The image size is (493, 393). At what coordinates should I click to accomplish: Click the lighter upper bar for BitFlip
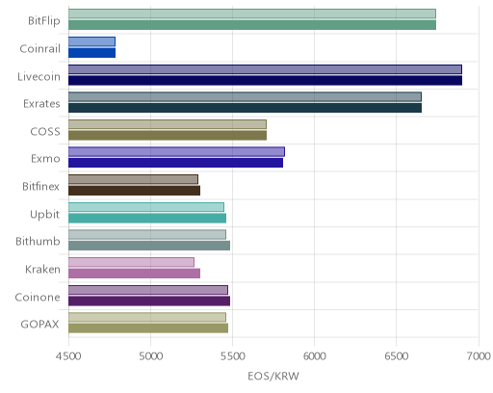[252, 13]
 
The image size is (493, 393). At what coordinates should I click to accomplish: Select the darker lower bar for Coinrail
[91, 53]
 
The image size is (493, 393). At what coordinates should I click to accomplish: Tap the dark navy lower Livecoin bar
[265, 81]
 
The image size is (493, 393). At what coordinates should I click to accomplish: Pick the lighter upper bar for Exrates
[245, 96]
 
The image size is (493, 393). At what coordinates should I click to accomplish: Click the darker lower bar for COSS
[168, 136]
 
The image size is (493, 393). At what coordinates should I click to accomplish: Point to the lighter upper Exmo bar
[176, 152]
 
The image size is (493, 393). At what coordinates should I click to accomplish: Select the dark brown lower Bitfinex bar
[134, 191]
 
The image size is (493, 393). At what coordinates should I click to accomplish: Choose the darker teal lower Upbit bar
[147, 219]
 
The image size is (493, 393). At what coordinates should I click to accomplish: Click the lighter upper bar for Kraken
[131, 262]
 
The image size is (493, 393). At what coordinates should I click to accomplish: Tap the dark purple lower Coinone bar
[149, 301]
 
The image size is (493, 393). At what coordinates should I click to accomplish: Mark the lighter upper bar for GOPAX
[147, 318]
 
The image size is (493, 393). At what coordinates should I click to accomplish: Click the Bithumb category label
[38, 241]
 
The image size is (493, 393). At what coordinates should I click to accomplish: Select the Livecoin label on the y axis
[39, 77]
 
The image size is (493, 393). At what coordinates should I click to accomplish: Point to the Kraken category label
[42, 269]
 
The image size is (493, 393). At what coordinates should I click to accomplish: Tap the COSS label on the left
[45, 132]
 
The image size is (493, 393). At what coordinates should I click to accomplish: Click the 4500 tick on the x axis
[68, 356]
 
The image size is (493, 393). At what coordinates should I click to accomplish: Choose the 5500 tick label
[233, 356]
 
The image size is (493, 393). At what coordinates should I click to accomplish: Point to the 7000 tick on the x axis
[479, 356]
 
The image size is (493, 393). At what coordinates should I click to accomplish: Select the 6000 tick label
[314, 356]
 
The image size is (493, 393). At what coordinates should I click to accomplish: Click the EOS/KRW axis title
[273, 376]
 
